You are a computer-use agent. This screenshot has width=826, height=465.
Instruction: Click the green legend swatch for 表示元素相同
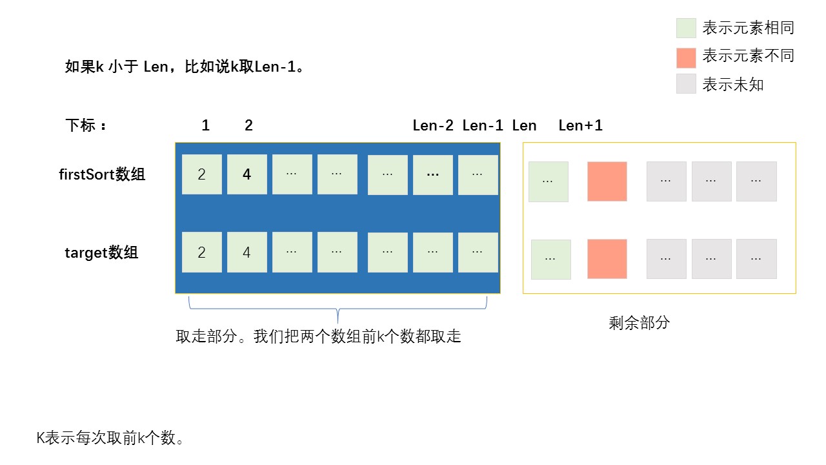[686, 28]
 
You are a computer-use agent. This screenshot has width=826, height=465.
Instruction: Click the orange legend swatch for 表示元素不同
[686, 57]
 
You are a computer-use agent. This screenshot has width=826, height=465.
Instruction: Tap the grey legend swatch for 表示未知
[686, 84]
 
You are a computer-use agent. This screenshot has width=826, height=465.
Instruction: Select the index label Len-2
[433, 125]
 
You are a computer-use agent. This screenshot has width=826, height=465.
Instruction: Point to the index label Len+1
[580, 125]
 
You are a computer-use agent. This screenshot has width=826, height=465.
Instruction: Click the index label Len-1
[483, 125]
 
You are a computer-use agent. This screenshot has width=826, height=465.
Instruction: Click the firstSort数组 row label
[102, 174]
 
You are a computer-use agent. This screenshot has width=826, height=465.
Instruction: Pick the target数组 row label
[101, 253]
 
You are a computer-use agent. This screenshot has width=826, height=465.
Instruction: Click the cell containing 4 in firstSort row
[247, 174]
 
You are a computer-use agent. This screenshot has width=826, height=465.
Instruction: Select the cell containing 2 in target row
[201, 253]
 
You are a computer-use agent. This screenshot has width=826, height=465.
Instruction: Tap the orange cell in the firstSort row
[607, 181]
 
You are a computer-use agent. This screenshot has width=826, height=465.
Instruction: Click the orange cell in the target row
[607, 259]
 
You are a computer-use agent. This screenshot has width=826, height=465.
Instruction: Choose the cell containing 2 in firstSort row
[201, 174]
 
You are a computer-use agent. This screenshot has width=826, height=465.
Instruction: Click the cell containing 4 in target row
[247, 253]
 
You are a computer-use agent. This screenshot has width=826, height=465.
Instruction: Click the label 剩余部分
[639, 323]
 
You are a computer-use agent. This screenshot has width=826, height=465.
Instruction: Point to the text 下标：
[86, 125]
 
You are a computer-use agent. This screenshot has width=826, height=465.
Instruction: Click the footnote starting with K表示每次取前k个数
[110, 438]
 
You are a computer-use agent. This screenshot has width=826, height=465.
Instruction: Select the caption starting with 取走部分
[318, 336]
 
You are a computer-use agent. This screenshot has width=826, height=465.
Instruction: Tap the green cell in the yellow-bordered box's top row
[548, 181]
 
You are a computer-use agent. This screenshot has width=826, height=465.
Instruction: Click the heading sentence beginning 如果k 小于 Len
[185, 67]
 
